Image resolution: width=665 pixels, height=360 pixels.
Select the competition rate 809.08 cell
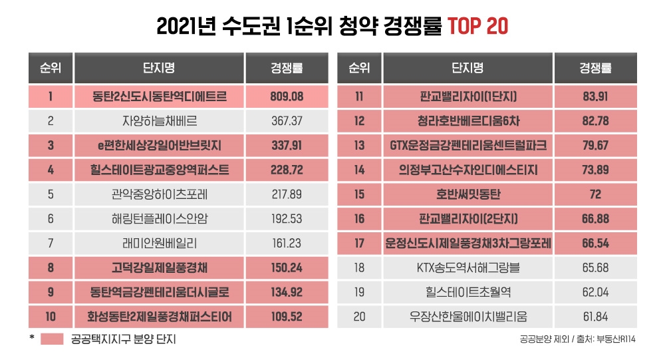(x=287, y=96)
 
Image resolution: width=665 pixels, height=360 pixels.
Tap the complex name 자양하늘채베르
(x=160, y=121)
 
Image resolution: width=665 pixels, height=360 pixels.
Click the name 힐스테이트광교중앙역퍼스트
(x=160, y=170)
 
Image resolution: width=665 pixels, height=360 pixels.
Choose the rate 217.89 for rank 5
(x=287, y=195)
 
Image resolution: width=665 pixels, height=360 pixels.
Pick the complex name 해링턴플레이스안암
(x=160, y=219)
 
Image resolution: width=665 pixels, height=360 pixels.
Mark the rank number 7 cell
(x=51, y=244)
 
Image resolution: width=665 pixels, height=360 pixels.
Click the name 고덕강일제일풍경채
(x=160, y=268)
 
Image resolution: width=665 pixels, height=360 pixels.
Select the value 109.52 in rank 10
(x=287, y=317)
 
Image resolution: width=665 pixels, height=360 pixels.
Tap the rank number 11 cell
(x=360, y=96)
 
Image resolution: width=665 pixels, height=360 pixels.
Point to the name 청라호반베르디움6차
(x=469, y=121)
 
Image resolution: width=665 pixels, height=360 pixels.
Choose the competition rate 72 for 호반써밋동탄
(x=595, y=195)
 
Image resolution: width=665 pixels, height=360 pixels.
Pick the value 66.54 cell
(x=595, y=244)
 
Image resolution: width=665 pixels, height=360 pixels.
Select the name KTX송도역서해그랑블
(x=469, y=268)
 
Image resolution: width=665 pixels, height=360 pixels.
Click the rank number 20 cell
(x=360, y=317)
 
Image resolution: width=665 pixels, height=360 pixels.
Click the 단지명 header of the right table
(x=469, y=68)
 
